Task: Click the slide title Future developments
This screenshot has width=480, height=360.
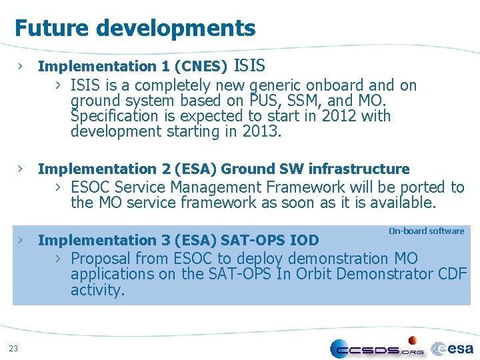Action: coord(135,28)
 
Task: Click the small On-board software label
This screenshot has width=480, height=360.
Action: coord(426,231)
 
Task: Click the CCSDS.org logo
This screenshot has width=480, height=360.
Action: coord(377,349)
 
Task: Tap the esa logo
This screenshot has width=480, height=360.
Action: coord(453,348)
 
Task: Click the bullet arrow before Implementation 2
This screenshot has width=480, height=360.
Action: coord(22,169)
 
